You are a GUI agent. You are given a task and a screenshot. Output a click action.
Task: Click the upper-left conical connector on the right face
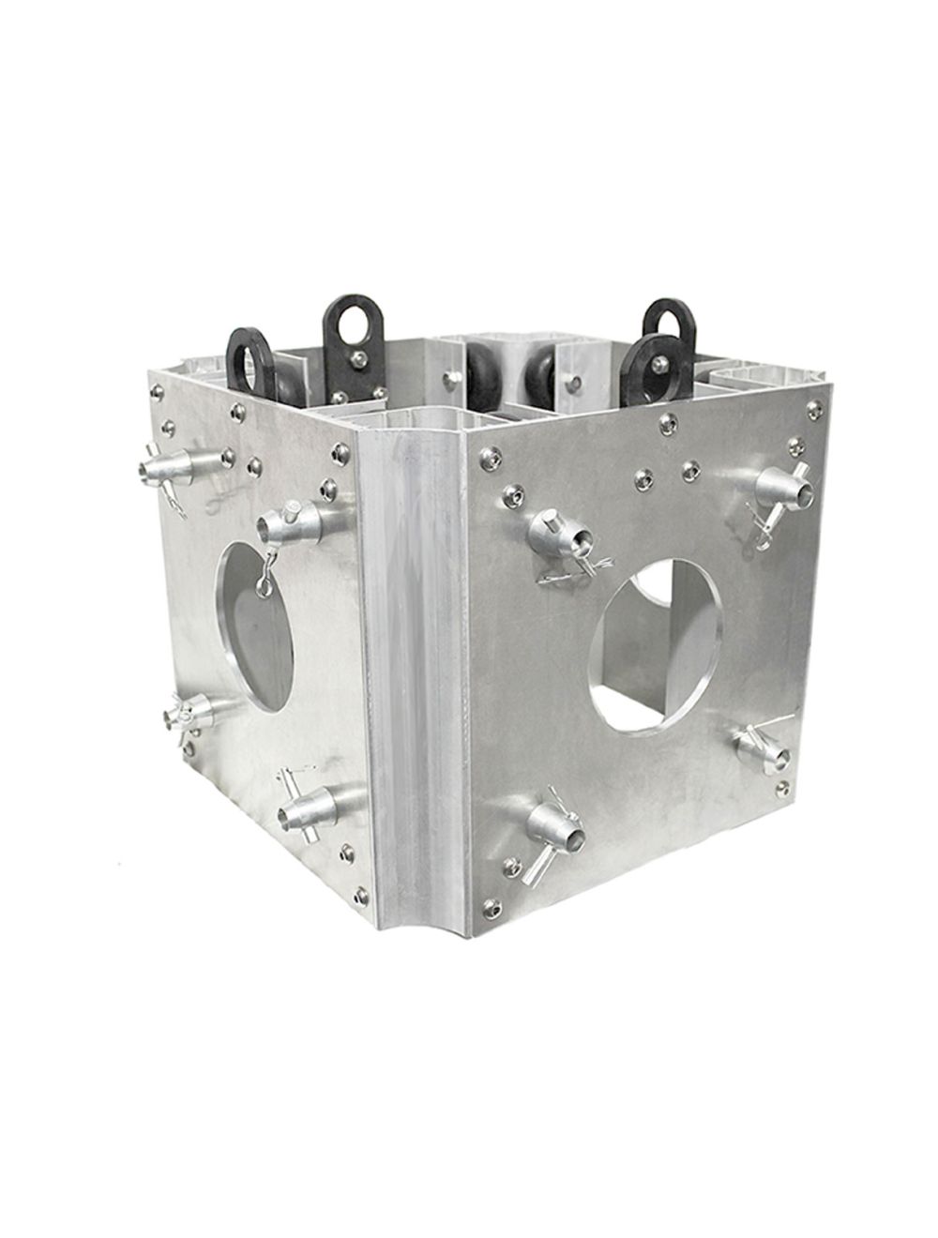558,534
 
